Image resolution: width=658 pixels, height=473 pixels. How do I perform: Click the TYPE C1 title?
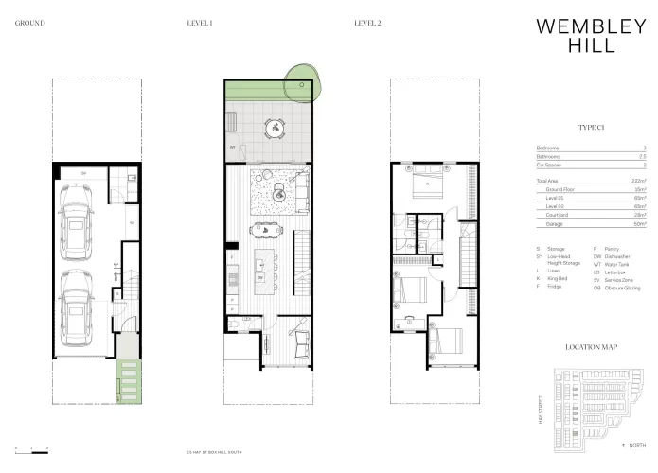592,126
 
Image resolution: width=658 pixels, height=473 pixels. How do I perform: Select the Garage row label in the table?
554,223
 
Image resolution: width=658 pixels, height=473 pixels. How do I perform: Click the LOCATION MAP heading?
591,347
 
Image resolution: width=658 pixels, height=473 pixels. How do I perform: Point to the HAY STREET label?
538,409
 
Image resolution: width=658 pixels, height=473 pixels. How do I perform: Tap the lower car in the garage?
80,309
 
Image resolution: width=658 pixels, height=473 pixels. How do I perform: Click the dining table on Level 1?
266,229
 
